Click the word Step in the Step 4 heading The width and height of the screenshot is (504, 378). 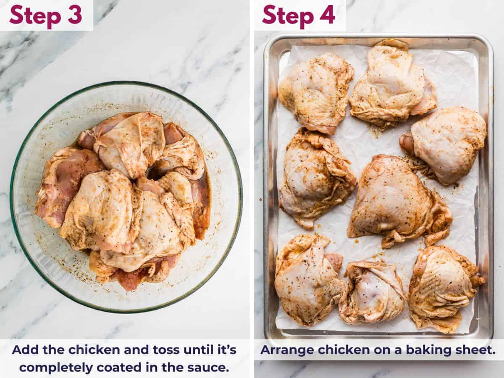288,16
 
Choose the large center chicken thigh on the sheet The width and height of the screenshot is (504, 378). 397,199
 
